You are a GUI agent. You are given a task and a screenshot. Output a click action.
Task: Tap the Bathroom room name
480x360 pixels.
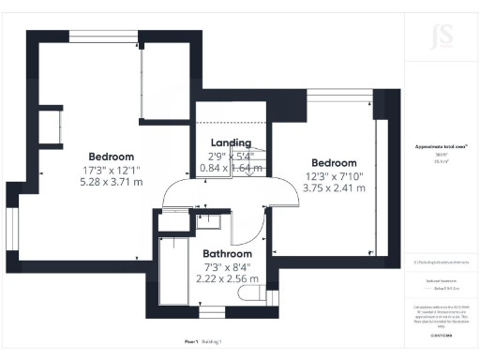[x=227, y=254]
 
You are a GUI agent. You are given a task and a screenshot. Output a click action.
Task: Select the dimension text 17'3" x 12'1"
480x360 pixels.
[x=112, y=170]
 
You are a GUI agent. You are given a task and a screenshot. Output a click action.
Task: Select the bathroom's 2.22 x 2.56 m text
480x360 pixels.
[x=227, y=278]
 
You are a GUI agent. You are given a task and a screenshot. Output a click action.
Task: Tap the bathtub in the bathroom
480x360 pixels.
[x=173, y=272]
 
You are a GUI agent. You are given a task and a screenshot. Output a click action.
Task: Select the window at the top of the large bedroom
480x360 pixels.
[x=105, y=37]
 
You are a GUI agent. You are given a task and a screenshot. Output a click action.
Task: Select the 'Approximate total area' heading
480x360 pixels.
[x=440, y=146]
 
